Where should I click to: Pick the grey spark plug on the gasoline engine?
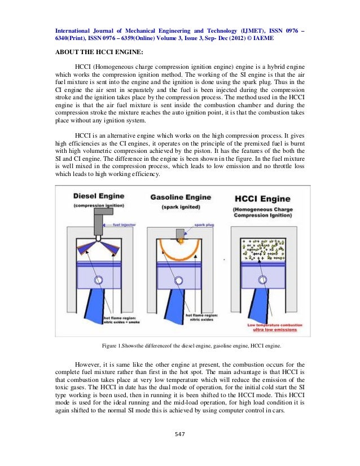181,234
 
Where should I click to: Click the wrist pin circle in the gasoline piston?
179,279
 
